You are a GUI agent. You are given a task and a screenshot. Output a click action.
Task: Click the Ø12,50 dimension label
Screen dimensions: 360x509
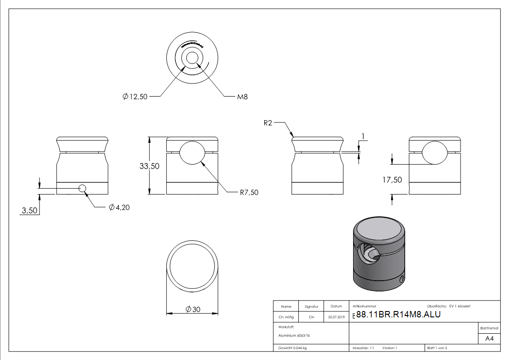point(135,97)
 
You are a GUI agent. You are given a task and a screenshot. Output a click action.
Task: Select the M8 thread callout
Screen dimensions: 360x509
point(242,97)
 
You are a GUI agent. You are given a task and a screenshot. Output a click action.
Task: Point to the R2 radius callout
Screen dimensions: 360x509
point(267,123)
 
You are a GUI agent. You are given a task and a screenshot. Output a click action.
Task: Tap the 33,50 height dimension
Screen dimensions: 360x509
point(149,166)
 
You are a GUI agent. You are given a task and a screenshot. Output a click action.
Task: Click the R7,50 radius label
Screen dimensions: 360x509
point(249,192)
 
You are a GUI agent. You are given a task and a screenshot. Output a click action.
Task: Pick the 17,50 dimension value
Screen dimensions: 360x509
point(392,180)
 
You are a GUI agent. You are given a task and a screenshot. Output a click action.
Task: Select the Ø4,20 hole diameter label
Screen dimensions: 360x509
point(120,208)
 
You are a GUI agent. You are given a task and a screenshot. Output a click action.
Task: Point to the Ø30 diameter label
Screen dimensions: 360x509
point(193,309)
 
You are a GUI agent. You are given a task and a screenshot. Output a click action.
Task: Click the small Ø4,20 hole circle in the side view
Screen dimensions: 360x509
point(82,189)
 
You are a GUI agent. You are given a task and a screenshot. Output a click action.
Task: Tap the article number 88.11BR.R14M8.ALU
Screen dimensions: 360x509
point(398,315)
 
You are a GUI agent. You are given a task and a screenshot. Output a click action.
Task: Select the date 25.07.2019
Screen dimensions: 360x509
point(336,317)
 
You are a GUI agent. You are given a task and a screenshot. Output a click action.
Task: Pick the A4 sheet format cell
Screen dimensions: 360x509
point(489,338)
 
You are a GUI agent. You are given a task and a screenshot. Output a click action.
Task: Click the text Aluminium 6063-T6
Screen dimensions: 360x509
point(294,336)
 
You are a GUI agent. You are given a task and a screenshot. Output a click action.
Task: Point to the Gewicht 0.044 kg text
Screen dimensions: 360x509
point(292,348)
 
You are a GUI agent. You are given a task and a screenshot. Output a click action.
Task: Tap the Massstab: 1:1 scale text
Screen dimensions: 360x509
point(363,348)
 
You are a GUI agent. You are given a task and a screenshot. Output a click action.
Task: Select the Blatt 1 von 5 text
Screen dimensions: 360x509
point(437,348)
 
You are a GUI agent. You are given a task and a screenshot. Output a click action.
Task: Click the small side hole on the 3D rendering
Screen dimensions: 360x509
point(401,279)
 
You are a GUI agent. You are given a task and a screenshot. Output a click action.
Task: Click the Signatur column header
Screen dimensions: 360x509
point(311,306)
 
